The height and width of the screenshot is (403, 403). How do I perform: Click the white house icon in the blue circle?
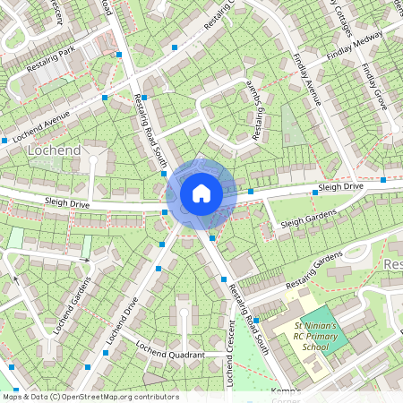tap(201, 193)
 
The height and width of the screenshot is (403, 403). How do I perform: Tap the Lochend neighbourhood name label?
tap(54, 150)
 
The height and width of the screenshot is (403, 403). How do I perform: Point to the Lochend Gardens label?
tap(73, 305)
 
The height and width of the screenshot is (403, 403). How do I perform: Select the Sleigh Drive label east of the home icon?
tap(340, 187)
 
